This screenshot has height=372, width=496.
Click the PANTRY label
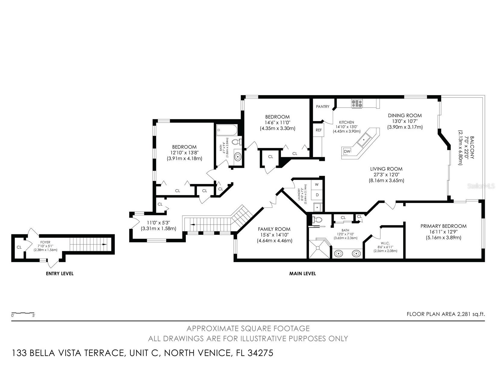tap(323, 107)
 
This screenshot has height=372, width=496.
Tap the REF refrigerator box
tap(318, 130)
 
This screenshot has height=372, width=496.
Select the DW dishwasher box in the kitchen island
tap(347, 151)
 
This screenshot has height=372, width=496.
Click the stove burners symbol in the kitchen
tap(357, 104)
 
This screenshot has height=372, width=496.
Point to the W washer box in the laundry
tap(317, 184)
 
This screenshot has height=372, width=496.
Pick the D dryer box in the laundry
tap(317, 195)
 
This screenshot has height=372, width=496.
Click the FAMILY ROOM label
tap(274, 229)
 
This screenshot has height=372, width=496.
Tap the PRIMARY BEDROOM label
tap(443, 226)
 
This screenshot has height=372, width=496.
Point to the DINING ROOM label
tap(405, 115)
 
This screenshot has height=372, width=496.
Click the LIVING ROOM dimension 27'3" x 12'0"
tap(386, 175)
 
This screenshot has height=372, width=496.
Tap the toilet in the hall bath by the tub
tap(238, 142)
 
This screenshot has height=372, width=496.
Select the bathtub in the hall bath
tap(227, 130)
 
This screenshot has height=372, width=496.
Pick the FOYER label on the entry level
tap(45, 242)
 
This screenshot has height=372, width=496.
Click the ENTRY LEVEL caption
tap(60, 274)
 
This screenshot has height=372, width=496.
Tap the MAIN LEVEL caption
tap(302, 274)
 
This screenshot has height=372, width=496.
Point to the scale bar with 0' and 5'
tap(23, 314)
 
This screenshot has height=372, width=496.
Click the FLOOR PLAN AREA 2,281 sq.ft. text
tap(446, 314)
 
